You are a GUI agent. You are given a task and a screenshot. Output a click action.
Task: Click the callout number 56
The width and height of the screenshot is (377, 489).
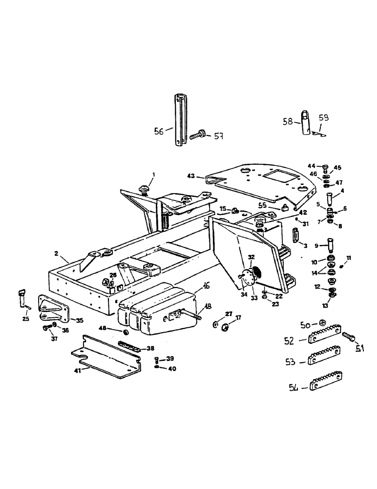tap(159, 131)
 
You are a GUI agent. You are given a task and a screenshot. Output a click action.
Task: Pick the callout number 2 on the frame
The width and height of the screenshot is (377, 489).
tap(57, 253)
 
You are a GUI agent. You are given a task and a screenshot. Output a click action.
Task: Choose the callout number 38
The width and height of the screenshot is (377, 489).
tap(150, 349)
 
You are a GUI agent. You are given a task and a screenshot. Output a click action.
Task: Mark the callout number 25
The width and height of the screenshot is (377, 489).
tap(26, 319)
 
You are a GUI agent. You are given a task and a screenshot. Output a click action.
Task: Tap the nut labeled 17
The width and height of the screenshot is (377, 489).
tap(226, 326)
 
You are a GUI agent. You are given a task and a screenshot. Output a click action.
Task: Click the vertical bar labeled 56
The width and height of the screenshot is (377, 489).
tap(179, 120)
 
